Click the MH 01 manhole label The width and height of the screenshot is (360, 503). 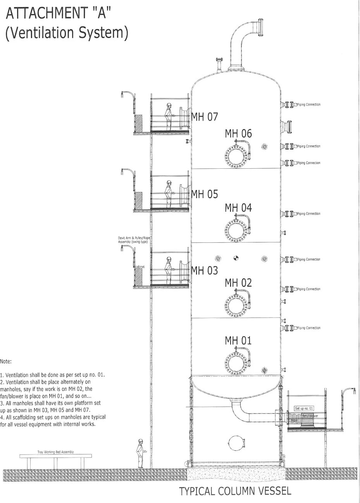(x=238, y=341)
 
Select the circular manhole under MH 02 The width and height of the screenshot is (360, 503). (x=236, y=306)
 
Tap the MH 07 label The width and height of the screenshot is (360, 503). (x=205, y=117)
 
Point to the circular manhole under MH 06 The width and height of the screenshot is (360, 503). (x=236, y=156)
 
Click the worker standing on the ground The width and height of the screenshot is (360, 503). (x=140, y=453)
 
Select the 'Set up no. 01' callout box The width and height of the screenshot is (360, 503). (x=304, y=408)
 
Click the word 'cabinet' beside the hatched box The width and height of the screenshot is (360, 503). (x=140, y=267)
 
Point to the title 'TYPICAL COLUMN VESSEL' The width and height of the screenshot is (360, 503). (x=235, y=491)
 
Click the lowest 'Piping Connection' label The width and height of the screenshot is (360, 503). (x=309, y=328)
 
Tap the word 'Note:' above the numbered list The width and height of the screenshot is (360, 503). (x=6, y=361)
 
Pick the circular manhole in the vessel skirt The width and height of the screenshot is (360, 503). (x=237, y=444)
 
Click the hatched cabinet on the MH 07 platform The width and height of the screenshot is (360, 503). (x=139, y=123)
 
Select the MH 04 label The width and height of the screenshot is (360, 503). (x=238, y=208)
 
